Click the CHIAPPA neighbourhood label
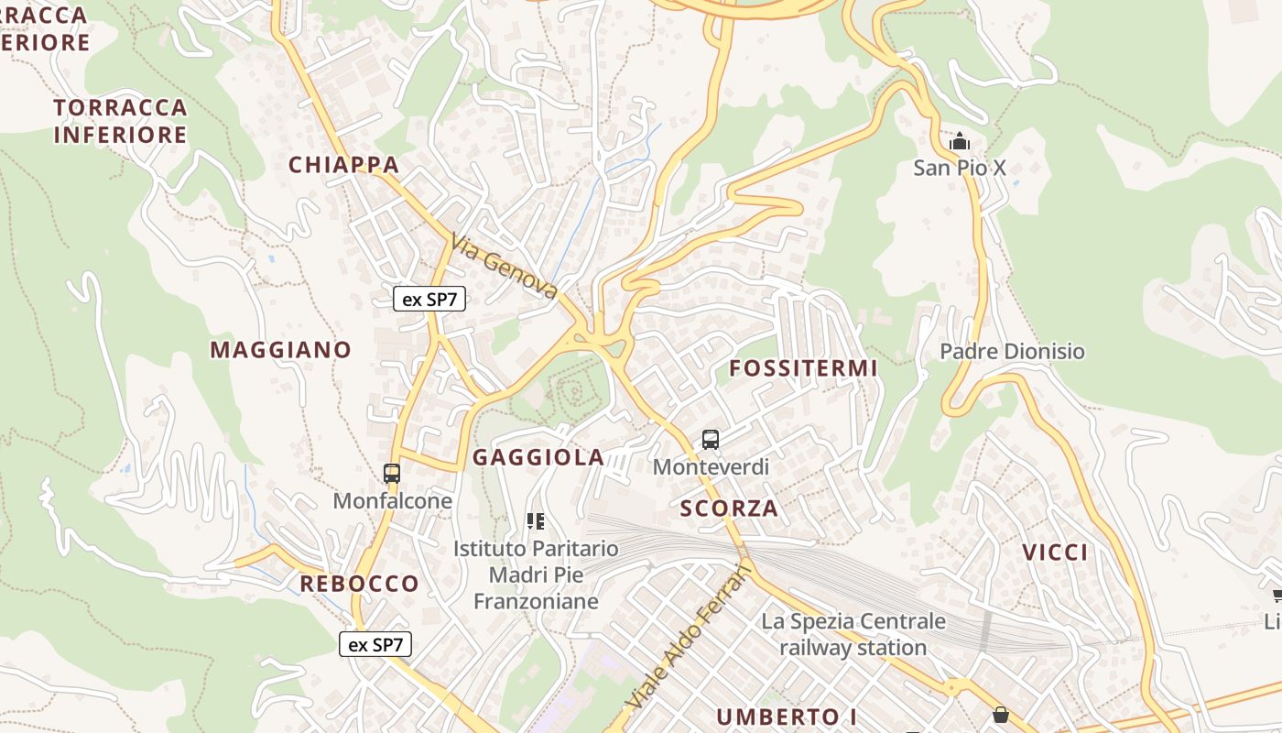pyautogui.click(x=344, y=165)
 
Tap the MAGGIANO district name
pyautogui.click(x=280, y=350)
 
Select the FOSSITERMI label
pyautogui.click(x=803, y=368)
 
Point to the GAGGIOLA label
pyautogui.click(x=538, y=457)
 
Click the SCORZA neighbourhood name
pyautogui.click(x=729, y=509)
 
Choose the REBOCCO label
pyautogui.click(x=359, y=584)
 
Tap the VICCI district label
pyautogui.click(x=1055, y=552)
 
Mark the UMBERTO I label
pyautogui.click(x=780, y=717)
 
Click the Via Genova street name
pyautogui.click(x=505, y=267)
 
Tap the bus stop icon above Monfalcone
pyautogui.click(x=392, y=474)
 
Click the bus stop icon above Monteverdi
pyautogui.click(x=711, y=440)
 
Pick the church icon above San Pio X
pyautogui.click(x=960, y=141)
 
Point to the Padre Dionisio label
pyautogui.click(x=1012, y=352)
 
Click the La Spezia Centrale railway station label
pyautogui.click(x=853, y=634)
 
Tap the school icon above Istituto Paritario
pyautogui.click(x=536, y=522)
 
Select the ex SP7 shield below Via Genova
pyautogui.click(x=429, y=299)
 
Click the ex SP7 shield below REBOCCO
pyautogui.click(x=375, y=644)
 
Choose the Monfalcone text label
pyautogui.click(x=392, y=501)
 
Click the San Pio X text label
pyautogui.click(x=960, y=168)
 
